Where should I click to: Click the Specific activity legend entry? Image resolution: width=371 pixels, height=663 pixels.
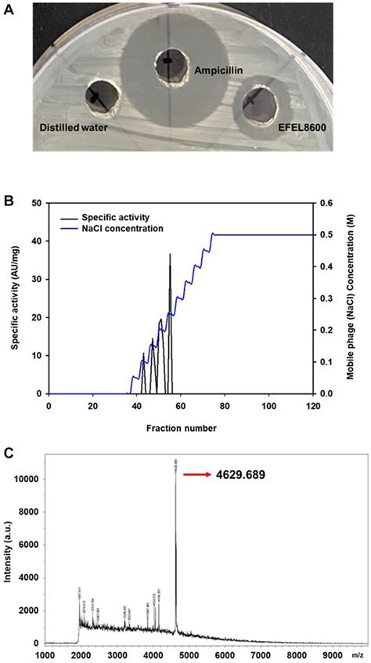click(x=128, y=217)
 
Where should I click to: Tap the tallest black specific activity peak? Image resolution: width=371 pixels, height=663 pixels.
click(x=170, y=255)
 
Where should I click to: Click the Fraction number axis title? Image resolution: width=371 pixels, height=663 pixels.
click(x=181, y=428)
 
